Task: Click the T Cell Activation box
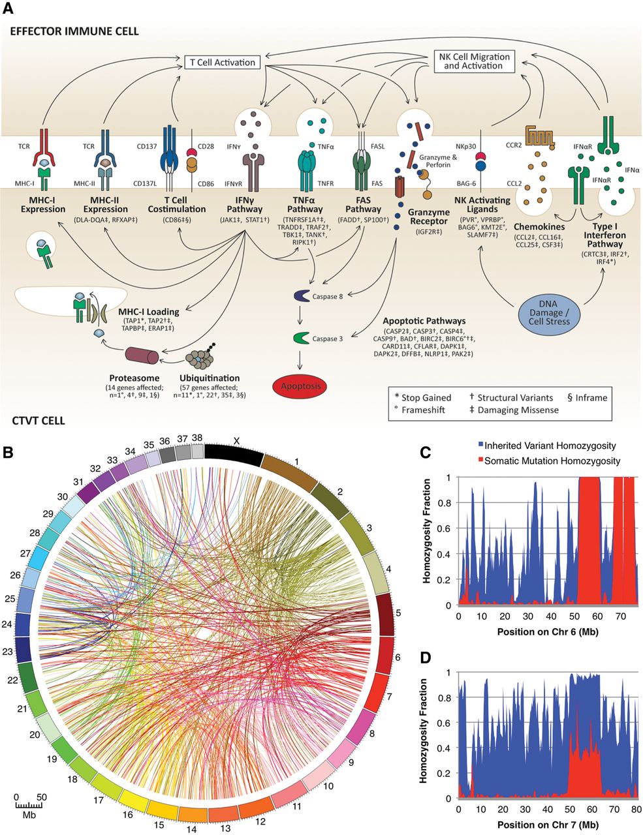click(x=223, y=62)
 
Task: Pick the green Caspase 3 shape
click(x=300, y=338)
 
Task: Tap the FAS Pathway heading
click(x=363, y=204)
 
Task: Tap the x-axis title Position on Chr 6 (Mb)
click(x=548, y=632)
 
